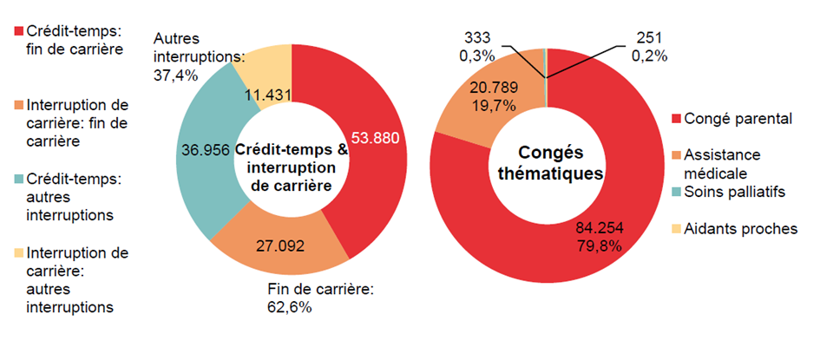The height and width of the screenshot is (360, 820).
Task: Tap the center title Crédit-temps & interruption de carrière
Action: (292, 164)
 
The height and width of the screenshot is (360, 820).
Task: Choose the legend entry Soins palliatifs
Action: (735, 192)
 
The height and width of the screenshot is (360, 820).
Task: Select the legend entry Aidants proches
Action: (740, 229)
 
